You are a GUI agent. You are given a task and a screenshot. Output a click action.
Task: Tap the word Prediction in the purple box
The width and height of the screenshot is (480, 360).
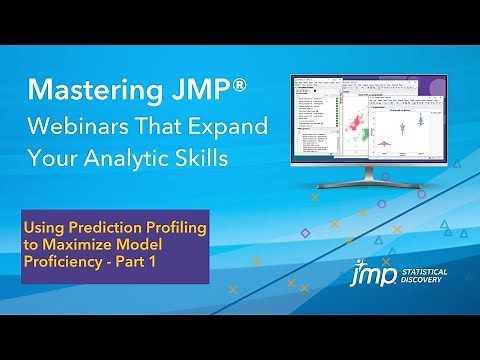coord(98,229)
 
